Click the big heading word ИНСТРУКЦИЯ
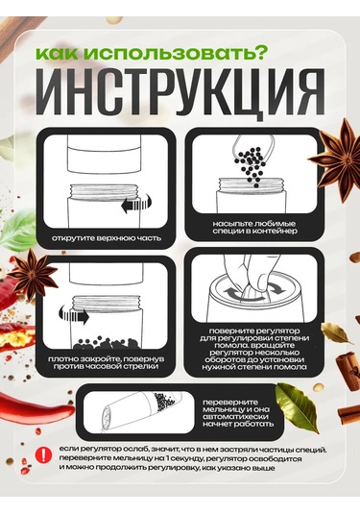pos(183,91)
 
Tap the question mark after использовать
pos(261,52)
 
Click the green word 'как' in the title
pos(57,53)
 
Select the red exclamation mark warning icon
pos(43,455)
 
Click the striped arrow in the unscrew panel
pos(136,204)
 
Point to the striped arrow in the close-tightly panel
pos(74,315)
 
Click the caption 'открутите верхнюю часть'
pos(107,238)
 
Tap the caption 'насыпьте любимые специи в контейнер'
pos(254,227)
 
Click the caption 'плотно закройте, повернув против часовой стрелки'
pos(107,362)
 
